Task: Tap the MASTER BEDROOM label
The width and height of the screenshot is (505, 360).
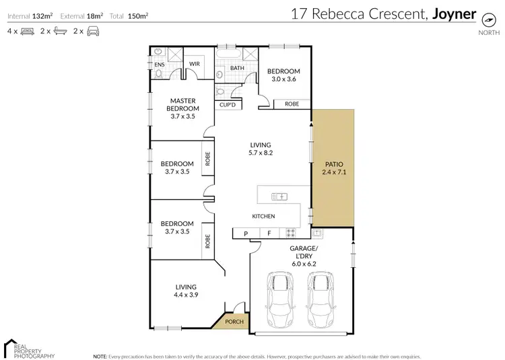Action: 183,104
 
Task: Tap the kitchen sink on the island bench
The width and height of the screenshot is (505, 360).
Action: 279,196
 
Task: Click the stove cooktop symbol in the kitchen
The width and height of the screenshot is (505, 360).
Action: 291,233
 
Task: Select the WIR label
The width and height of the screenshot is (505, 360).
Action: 195,65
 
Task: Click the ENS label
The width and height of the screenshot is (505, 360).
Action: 160,65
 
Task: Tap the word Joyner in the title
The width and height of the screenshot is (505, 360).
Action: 454,13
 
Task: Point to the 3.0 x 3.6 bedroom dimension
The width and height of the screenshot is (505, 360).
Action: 283,79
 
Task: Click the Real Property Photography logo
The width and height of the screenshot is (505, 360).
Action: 30,348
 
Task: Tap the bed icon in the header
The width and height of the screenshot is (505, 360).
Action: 28,31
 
